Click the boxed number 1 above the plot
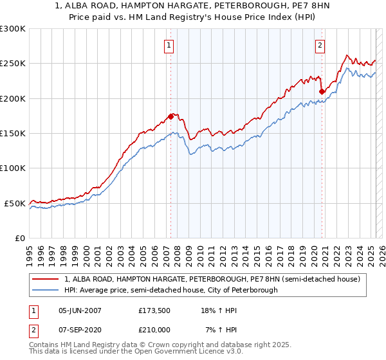click(169, 45)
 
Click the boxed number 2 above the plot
click(320, 45)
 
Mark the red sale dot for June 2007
click(170, 116)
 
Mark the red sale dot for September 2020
click(322, 92)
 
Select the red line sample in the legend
click(46, 279)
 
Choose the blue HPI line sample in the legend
click(46, 290)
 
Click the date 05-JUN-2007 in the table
click(80, 310)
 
